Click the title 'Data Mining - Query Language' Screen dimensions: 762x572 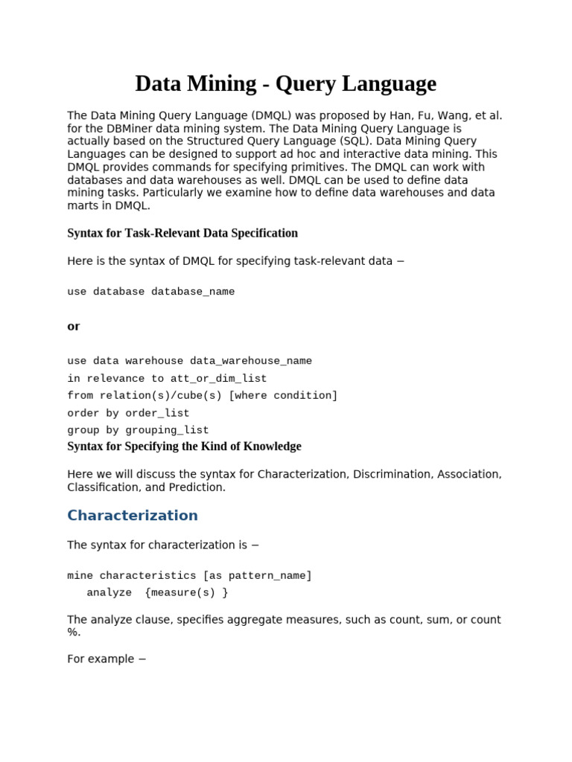click(285, 83)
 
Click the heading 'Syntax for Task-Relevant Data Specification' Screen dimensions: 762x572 click(182, 233)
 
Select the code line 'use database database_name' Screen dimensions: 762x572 click(150, 292)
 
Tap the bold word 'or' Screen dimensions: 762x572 click(73, 326)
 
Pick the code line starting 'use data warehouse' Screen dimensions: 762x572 click(189, 361)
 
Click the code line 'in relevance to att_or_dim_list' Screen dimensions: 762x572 click(167, 378)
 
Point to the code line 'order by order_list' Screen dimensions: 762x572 click(128, 413)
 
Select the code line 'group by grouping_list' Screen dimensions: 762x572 click(138, 430)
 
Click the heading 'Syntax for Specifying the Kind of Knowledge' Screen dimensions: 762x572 click(184, 446)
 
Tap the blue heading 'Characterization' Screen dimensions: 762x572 click(133, 516)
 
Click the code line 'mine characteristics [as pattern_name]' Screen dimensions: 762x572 click(189, 575)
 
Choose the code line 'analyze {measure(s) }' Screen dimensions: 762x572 click(157, 592)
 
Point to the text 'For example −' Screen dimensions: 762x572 click(107, 659)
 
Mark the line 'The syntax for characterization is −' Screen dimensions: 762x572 click(163, 545)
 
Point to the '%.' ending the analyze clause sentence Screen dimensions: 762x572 click(74, 633)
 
